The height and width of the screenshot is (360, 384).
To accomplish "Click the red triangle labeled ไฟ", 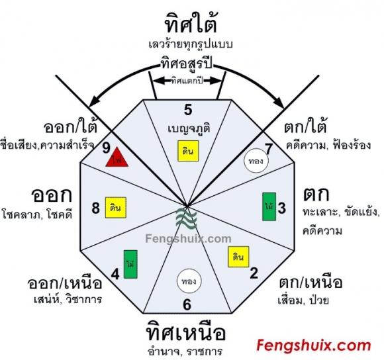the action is (117, 158).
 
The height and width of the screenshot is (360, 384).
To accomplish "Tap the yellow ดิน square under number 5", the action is (188, 151).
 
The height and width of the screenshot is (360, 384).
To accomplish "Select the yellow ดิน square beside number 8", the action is (116, 208).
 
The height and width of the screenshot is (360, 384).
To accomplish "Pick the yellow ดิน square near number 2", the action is (238, 257).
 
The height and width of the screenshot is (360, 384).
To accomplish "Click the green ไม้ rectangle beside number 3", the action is (269, 206).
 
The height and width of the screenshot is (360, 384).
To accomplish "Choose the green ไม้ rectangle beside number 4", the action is (130, 264).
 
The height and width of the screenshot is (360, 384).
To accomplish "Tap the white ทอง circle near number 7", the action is (256, 161).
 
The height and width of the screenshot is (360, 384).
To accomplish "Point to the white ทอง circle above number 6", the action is (189, 281).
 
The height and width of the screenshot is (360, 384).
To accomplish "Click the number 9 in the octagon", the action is (106, 148).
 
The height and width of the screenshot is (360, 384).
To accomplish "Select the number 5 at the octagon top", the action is (188, 110).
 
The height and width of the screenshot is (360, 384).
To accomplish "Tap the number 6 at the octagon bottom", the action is (187, 305).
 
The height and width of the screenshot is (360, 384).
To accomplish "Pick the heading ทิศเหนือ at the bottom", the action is (185, 333).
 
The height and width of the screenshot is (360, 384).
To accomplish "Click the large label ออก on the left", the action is (52, 195).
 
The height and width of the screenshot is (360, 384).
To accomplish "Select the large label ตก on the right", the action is (316, 195).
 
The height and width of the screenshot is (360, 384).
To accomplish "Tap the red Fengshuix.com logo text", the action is (314, 345).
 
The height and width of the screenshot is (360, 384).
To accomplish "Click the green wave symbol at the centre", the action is (187, 218).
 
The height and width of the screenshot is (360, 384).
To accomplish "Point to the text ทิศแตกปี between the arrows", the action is (187, 81).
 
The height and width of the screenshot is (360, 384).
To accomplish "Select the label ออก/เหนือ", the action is (65, 283).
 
